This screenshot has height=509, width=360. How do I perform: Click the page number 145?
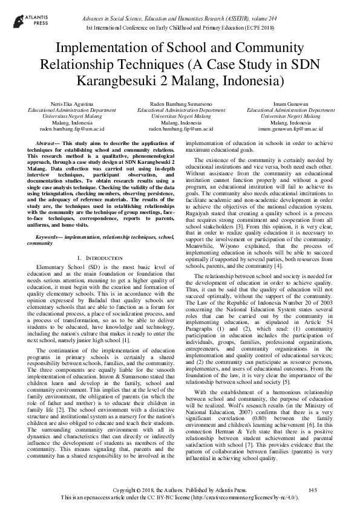point(313,488)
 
